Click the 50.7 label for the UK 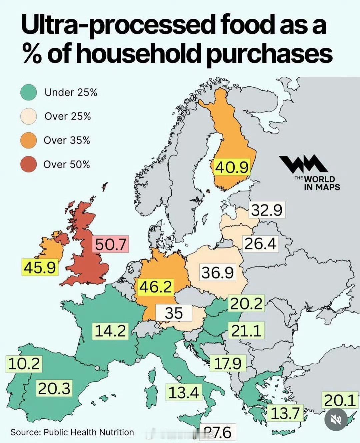point(111,244)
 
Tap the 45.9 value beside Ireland point(40,267)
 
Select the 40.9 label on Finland point(232,167)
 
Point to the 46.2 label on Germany point(156,287)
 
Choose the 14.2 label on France point(110,331)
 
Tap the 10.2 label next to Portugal point(24,363)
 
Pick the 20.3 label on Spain point(54,389)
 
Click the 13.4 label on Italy point(184,392)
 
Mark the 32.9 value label point(267,210)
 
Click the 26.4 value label point(260,244)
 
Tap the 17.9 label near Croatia point(228,363)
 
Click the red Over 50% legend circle point(28,164)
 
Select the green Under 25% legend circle point(28,92)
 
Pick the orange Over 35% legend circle point(28,140)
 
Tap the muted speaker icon point(336,419)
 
